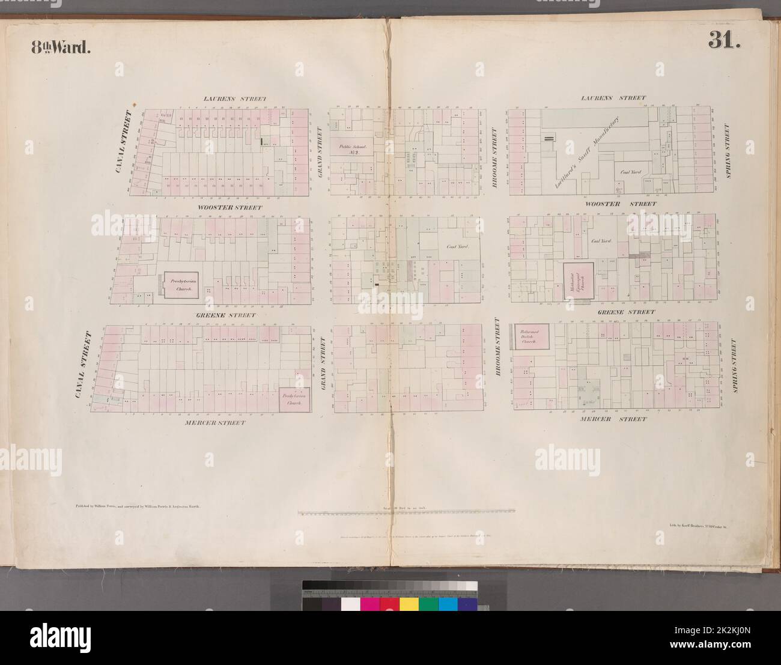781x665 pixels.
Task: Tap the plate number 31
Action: [x=725, y=41]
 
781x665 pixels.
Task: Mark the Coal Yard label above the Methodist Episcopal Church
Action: [x=601, y=241]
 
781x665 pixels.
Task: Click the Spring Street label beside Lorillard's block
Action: [x=728, y=151]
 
